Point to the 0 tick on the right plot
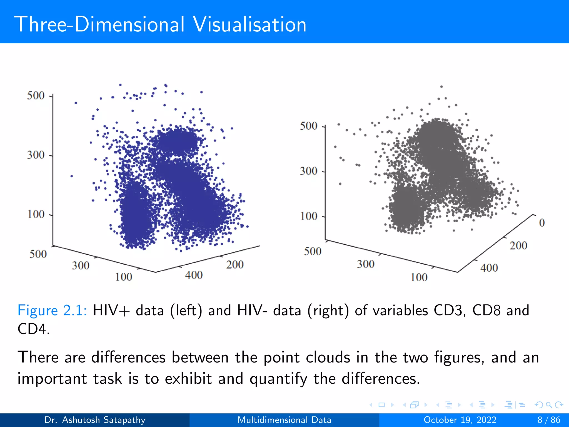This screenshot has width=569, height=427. (542, 223)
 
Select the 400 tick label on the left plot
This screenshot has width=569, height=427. (194, 275)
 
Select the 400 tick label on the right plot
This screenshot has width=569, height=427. (489, 268)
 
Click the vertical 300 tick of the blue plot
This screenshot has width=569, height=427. (36, 155)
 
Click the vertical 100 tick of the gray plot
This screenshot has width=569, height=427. (309, 216)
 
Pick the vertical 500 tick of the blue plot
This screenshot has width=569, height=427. (36, 96)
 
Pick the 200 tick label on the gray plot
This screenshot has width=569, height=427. (518, 246)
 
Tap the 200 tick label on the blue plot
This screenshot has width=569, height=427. (235, 265)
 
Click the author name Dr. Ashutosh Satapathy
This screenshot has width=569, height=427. (95, 420)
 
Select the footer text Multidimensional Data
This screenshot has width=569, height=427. (284, 420)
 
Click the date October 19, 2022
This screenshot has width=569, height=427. (460, 420)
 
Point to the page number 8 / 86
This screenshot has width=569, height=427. (548, 420)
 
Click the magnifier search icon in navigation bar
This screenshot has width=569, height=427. (549, 405)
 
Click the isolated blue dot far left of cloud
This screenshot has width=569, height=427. (72, 176)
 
